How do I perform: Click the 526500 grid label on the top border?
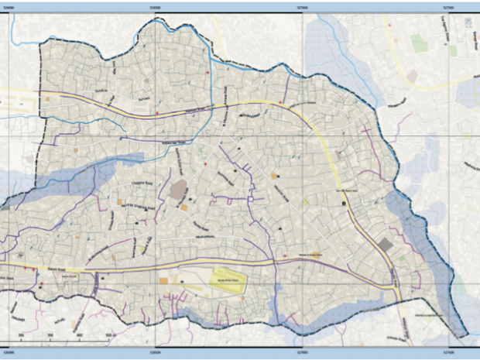pos(158,6)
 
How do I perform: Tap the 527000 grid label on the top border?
pos(302,6)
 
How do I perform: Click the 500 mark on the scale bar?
pos(110,334)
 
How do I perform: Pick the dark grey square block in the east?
pos(386,245)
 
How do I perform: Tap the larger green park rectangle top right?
pos(419,43)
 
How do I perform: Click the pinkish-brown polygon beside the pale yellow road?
pos(413,77)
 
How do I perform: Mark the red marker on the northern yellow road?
pos(157,113)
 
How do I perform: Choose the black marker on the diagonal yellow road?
pos(344,202)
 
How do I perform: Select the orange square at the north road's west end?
pos(48,99)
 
